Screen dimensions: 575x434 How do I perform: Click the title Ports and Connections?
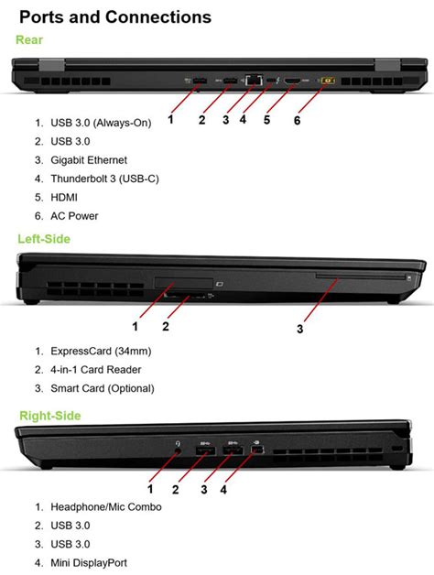[x=115, y=16]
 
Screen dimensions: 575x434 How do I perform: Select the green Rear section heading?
[x=29, y=40]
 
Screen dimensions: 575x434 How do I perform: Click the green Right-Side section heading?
[x=49, y=416]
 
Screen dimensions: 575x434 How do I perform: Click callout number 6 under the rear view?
[x=297, y=120]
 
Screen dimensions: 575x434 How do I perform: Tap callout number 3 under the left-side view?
[x=299, y=328]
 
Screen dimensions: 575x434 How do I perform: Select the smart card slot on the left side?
[x=362, y=274]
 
